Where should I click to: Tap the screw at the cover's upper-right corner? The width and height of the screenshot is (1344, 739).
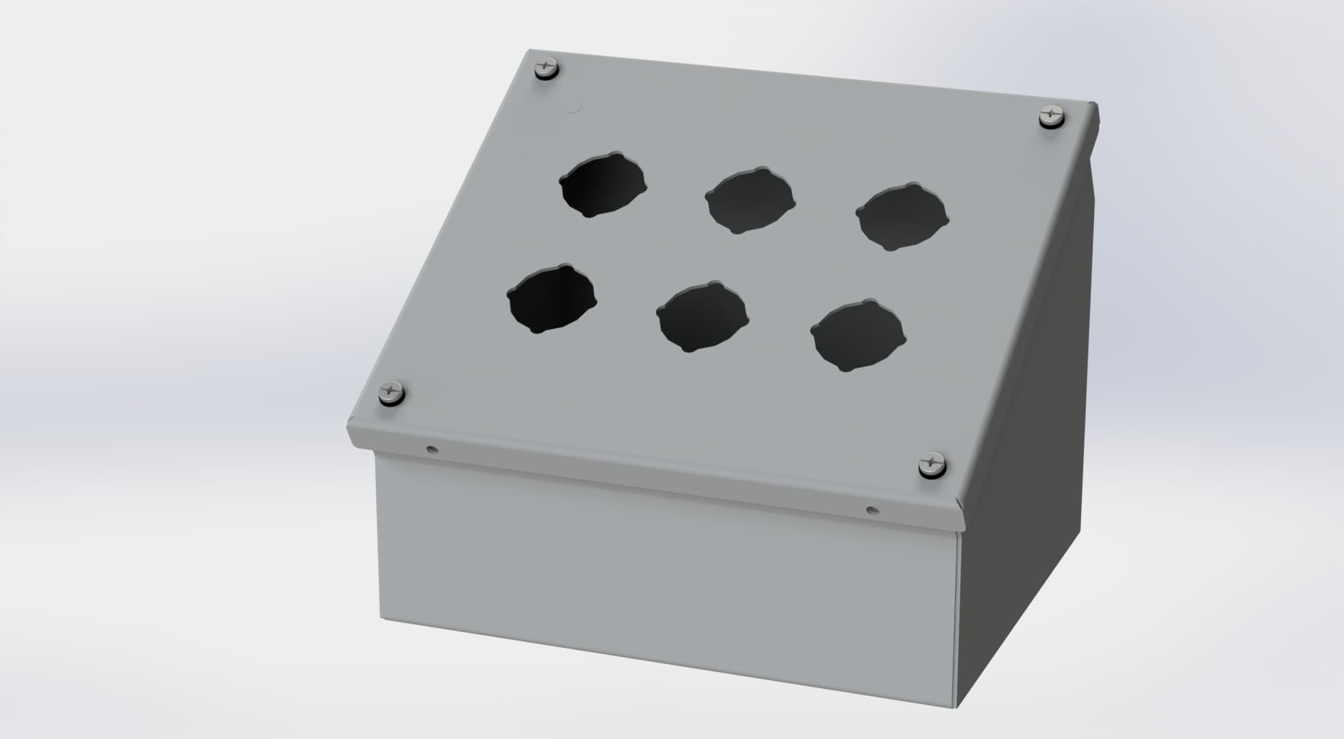coord(1051,115)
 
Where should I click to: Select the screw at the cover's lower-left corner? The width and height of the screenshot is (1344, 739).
coord(391,393)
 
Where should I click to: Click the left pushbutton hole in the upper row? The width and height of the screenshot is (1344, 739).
coord(603,185)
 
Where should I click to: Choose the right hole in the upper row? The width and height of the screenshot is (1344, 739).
coord(902,217)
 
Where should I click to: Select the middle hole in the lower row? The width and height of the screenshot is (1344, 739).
coord(702,316)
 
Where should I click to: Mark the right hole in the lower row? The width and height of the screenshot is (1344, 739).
coord(857,335)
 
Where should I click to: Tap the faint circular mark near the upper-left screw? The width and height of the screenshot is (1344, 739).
coord(573,109)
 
